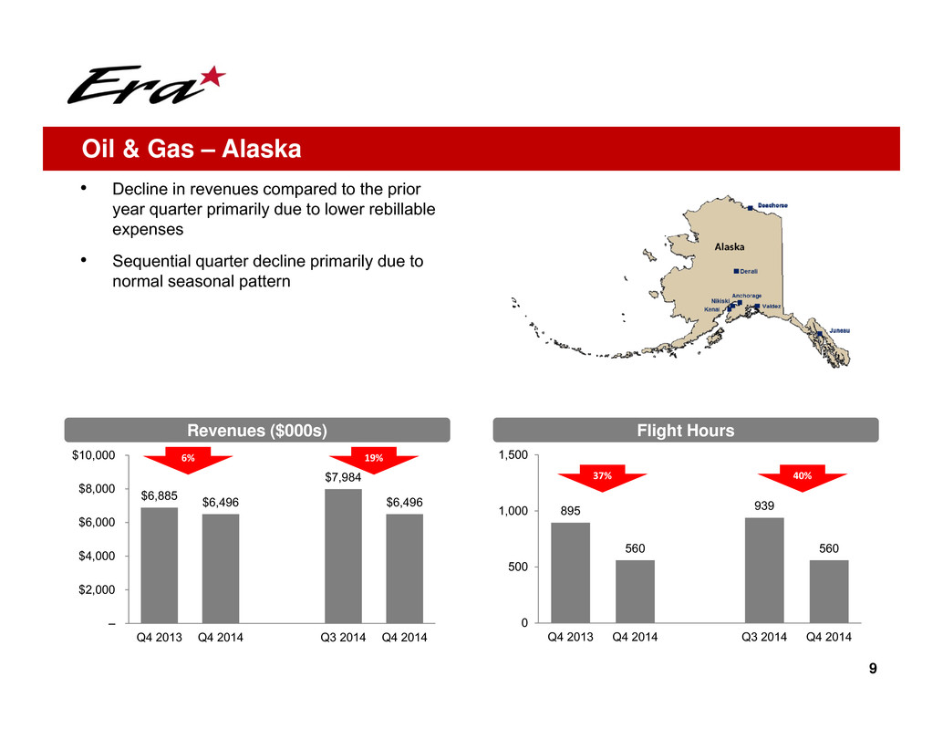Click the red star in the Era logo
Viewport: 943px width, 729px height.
212,78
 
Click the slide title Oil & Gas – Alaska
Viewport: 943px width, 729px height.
192,149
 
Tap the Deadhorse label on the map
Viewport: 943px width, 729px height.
772,205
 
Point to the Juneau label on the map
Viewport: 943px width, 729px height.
840,331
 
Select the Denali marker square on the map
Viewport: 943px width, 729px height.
736,271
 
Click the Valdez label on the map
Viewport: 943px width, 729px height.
772,307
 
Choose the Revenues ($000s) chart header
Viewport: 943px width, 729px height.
257,430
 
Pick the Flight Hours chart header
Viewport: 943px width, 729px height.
686,430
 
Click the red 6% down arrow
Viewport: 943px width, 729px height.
188,460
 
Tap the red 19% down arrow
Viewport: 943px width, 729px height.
374,460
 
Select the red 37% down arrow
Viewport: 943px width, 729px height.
602,477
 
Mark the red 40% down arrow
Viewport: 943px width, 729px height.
803,477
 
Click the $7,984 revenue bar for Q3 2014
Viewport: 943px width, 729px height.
344,556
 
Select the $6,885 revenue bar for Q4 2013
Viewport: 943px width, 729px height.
160,566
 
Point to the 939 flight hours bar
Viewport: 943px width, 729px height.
764,570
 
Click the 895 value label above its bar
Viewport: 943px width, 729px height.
571,511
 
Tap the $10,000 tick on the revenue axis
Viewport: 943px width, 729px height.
93,455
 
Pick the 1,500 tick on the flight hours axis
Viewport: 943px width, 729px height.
513,454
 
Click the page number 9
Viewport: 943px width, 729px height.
873,668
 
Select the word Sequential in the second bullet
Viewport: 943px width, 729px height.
151,262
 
